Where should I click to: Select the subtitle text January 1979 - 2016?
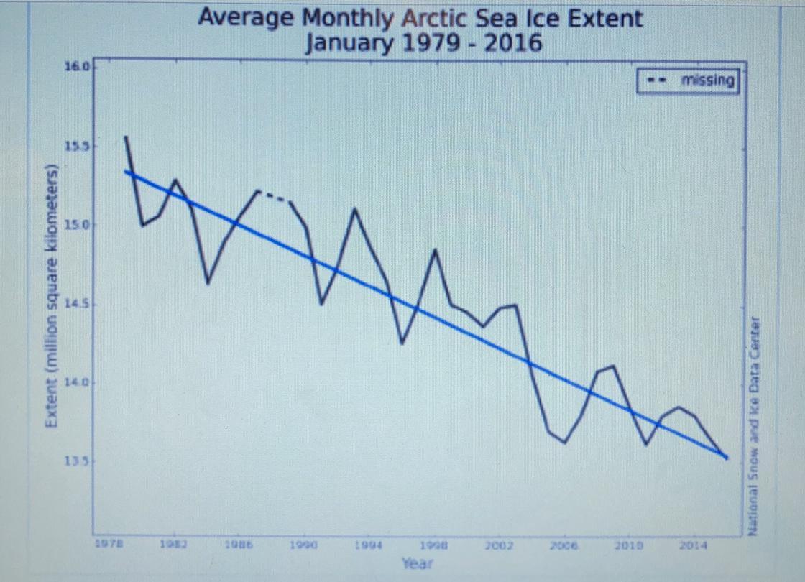coord(423,44)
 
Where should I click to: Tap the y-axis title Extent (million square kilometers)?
coord(52,296)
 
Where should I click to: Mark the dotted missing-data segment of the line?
coord(274,195)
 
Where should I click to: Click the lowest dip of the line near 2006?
coord(565,443)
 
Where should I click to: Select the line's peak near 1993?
coord(354,209)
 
